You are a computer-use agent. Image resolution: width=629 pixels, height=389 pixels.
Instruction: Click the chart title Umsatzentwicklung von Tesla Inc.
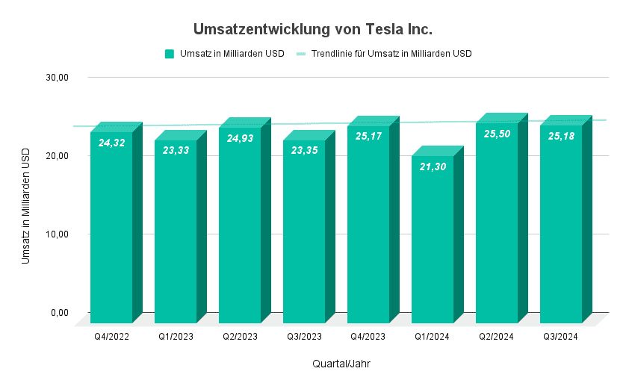(x=313, y=29)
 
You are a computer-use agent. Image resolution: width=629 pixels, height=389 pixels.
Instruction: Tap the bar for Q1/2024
(x=433, y=239)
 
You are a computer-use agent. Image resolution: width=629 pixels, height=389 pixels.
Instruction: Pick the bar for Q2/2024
(x=497, y=224)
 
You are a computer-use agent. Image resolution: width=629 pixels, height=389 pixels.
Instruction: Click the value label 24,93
(x=240, y=139)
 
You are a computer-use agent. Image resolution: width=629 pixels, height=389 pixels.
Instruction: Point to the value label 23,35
(x=304, y=151)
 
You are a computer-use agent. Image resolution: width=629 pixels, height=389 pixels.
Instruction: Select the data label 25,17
(x=368, y=137)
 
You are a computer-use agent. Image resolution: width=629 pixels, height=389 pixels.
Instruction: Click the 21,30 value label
(x=433, y=167)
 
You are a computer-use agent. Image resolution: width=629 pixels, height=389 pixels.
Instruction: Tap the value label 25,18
(x=561, y=137)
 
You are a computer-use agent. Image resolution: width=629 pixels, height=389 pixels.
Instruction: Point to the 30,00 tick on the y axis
(x=58, y=78)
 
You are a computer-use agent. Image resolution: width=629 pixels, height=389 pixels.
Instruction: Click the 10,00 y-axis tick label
(x=58, y=234)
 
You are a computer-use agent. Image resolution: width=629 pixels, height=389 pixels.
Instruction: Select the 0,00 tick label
(x=61, y=312)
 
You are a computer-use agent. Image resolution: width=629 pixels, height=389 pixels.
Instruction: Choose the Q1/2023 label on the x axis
(x=176, y=337)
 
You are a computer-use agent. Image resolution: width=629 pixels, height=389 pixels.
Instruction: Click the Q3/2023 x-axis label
(x=304, y=337)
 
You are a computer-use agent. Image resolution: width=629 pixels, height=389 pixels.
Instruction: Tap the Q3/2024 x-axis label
(x=561, y=337)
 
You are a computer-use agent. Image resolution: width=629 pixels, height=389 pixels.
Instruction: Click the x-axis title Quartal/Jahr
(x=341, y=364)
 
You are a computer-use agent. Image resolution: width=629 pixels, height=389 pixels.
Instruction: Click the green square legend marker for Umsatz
(x=170, y=54)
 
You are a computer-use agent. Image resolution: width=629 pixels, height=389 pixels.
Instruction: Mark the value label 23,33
(x=176, y=150)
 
